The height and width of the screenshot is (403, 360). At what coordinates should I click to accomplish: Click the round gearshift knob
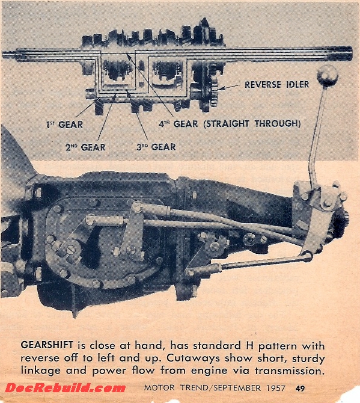pyautogui.click(x=327, y=75)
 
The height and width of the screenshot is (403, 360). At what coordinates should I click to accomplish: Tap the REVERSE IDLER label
pyautogui.click(x=277, y=85)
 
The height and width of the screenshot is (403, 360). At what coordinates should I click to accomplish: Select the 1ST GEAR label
pyautogui.click(x=64, y=125)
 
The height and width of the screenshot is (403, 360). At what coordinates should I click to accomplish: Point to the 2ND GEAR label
pyautogui.click(x=85, y=147)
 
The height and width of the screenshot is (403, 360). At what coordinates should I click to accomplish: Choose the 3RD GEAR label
pyautogui.click(x=156, y=147)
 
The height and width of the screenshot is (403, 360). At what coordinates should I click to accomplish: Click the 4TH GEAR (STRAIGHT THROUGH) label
pyautogui.click(x=230, y=124)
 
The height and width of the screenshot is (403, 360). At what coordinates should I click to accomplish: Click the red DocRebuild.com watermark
pyautogui.click(x=66, y=388)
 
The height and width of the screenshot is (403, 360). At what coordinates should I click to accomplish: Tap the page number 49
pyautogui.click(x=300, y=388)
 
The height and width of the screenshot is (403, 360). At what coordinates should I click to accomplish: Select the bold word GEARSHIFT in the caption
pyautogui.click(x=47, y=345)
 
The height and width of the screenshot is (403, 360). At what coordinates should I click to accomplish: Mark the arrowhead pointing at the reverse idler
pyautogui.click(x=221, y=88)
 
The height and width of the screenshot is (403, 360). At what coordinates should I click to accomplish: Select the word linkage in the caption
pyautogui.click(x=41, y=371)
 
